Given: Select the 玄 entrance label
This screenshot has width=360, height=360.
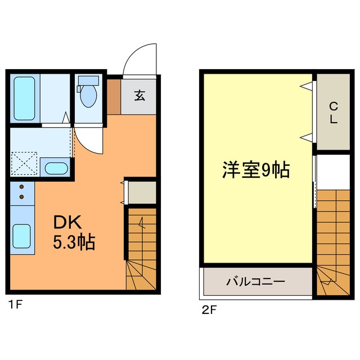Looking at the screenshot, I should point(139,95).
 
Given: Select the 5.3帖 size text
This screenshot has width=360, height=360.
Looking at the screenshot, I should point(74,242).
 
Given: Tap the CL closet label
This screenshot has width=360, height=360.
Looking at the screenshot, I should point(333,112).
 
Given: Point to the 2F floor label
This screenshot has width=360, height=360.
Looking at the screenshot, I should point(209,309).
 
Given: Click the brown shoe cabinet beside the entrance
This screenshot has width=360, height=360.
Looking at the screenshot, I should point(114,96).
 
